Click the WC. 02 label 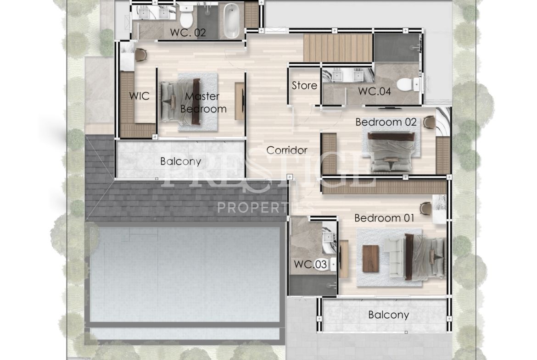coord(188,33)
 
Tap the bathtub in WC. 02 coord(232,21)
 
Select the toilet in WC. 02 coord(186,16)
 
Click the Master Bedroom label coord(203,103)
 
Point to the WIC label coord(139,96)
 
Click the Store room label coord(304,86)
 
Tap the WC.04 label coord(375,91)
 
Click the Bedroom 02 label coord(386,122)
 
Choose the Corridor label coord(287,150)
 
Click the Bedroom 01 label coord(384,218)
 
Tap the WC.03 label coord(310,264)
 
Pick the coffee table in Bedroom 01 coord(370,259)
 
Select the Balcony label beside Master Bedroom coord(180,161)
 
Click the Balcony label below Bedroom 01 coord(388,315)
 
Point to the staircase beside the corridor coord(338,48)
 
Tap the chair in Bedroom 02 coord(429,122)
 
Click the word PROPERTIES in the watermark coord(265,207)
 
